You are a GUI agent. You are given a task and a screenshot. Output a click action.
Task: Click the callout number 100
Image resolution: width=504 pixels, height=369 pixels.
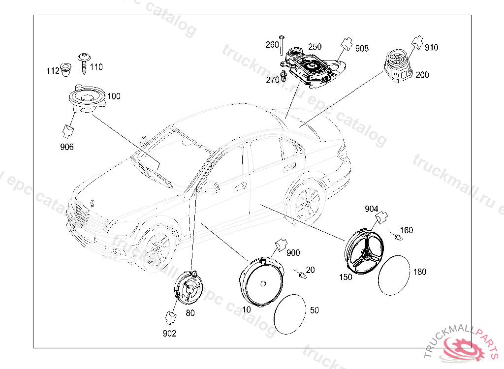click(x=114, y=96)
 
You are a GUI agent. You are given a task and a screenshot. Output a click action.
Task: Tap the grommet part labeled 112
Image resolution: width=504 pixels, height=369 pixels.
click(x=65, y=70)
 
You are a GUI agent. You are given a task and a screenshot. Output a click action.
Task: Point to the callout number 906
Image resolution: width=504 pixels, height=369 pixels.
click(x=67, y=147)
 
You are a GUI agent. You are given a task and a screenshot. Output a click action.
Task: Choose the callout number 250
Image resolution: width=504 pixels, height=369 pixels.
click(x=315, y=47)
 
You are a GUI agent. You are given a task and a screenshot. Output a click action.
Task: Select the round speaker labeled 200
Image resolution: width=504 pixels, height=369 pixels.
click(x=396, y=68)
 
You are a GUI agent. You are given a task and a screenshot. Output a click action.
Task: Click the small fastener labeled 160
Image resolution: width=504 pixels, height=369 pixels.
click(x=398, y=238)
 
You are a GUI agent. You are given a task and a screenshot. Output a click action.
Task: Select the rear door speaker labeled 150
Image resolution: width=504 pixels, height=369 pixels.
click(x=365, y=252)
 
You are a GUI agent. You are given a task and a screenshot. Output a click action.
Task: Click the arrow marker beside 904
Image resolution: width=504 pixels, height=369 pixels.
click(x=382, y=217)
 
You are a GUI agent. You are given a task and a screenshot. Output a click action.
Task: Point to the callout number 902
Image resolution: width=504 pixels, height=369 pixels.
click(x=169, y=333)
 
